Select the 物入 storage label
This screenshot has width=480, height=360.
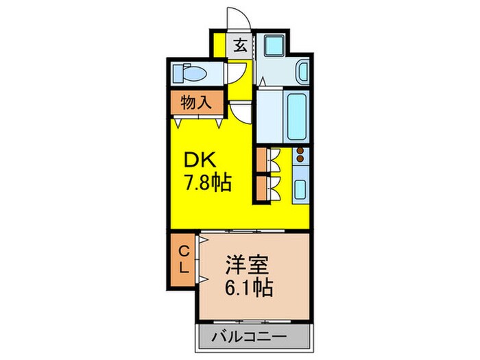tap(195, 103)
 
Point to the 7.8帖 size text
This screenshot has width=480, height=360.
tap(206, 183)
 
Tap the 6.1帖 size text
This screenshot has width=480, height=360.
tap(250, 287)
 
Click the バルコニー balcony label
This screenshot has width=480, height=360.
tap(252, 337)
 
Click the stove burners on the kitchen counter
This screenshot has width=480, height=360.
tap(300, 157)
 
